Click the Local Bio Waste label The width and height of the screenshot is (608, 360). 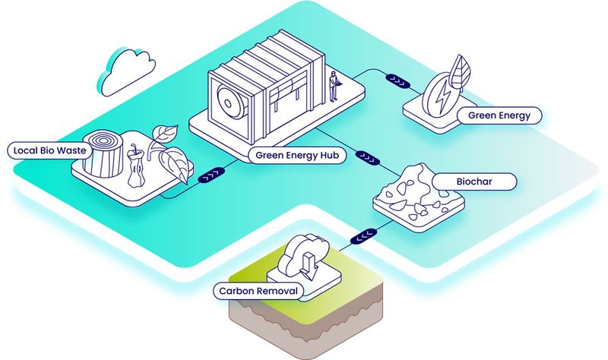(x=47, y=150)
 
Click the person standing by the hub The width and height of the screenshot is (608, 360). (x=333, y=87)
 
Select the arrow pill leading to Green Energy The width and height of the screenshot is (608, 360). (x=397, y=78)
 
